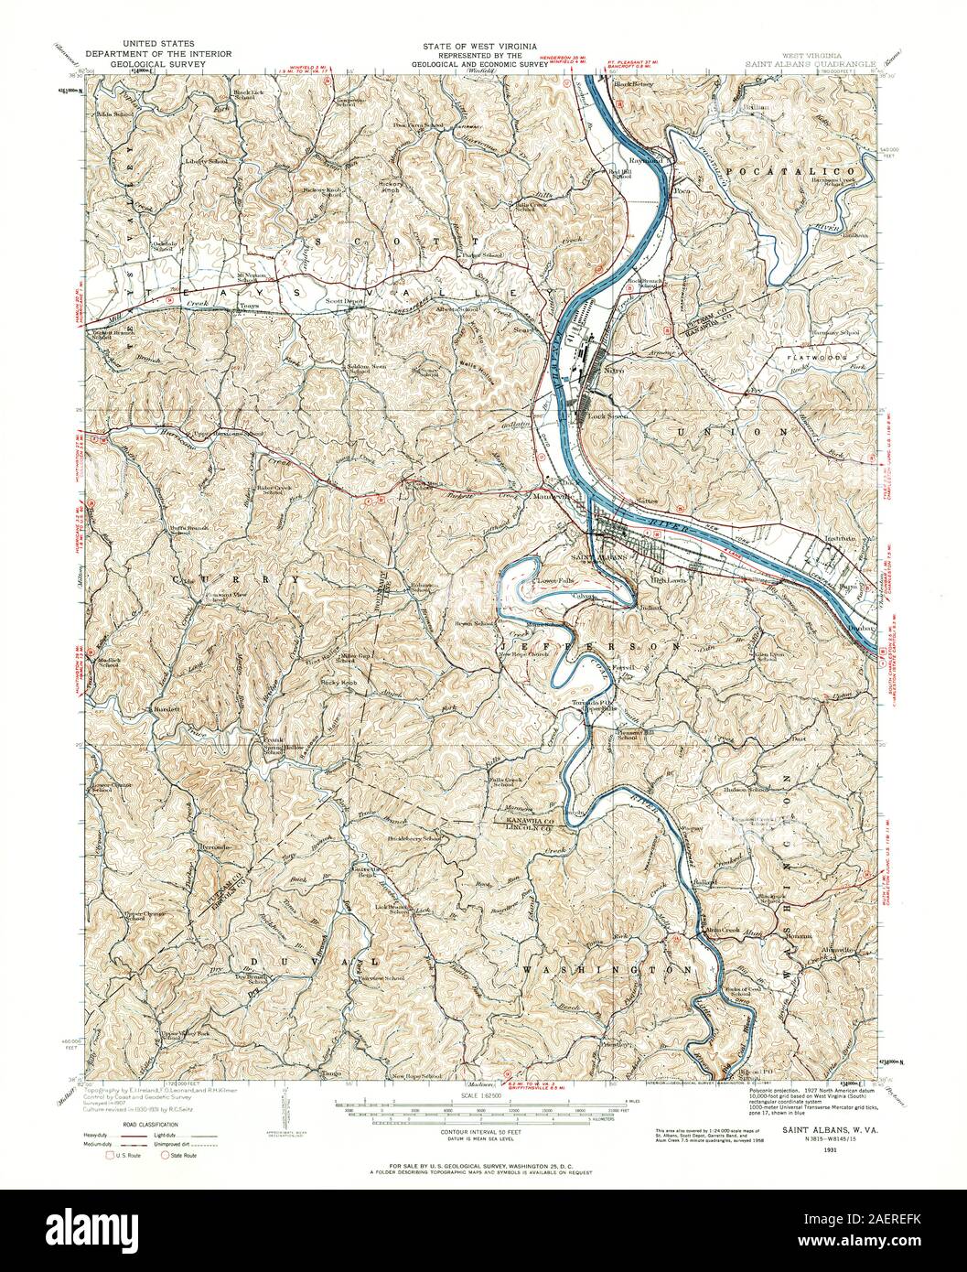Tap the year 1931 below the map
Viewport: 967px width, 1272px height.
pos(830,1148)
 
